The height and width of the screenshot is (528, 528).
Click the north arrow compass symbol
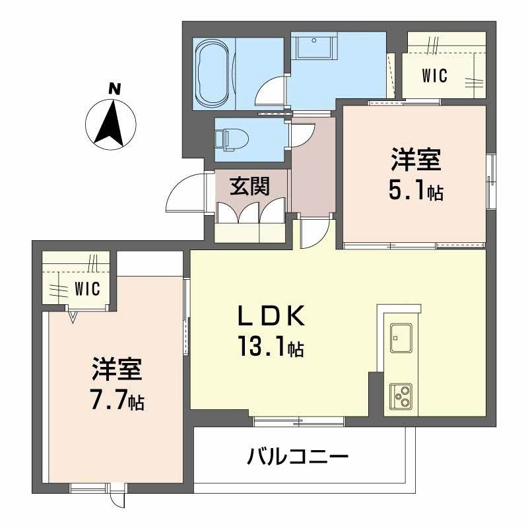[112, 119]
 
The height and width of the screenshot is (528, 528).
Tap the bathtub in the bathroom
[213, 73]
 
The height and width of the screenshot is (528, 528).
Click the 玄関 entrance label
[249, 187]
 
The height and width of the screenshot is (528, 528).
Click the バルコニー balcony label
[297, 456]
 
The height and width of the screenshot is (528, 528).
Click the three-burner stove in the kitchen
[401, 396]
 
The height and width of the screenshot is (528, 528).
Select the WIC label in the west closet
[86, 288]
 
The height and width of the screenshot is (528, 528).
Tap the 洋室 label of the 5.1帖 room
[415, 161]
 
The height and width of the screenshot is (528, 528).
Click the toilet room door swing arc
[302, 135]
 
